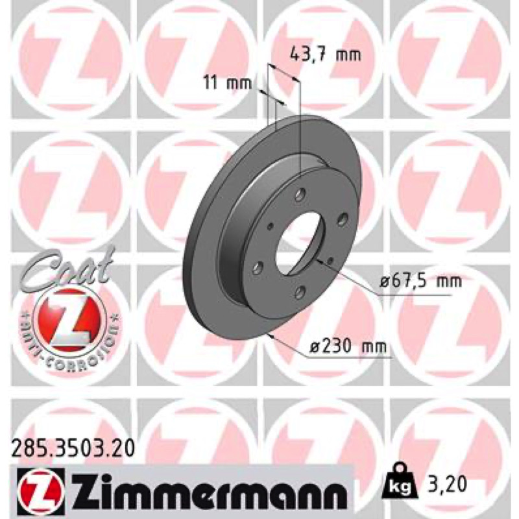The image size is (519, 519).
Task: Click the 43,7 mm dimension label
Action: [326, 54]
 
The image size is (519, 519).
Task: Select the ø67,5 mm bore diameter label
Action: [420, 282]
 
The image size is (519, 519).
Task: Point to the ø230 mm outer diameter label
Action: [348, 346]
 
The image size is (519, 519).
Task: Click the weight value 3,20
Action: [446, 484]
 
